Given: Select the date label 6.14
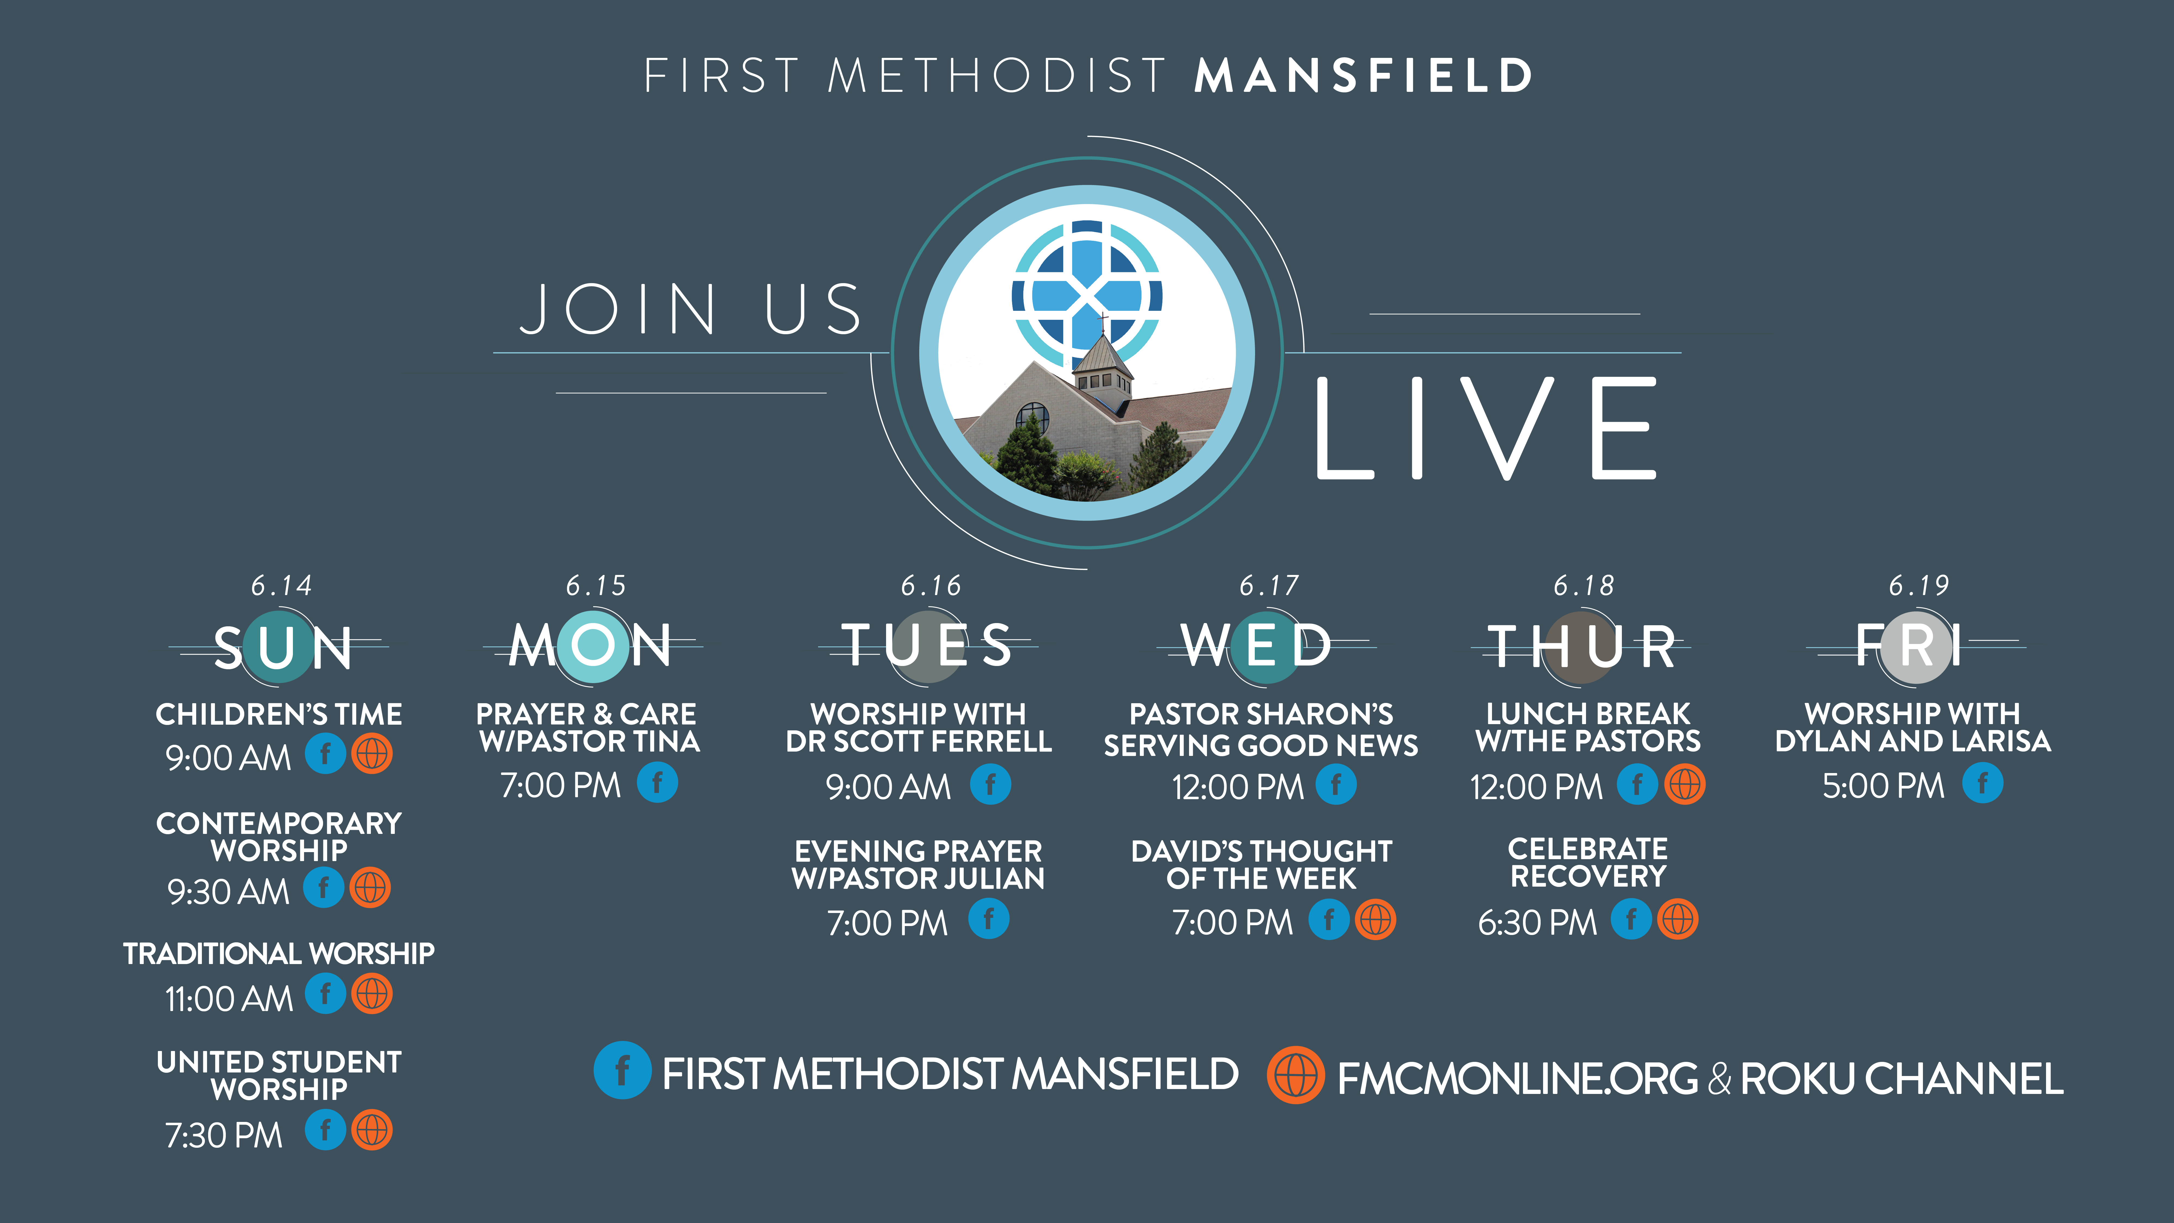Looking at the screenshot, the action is pos(281,585).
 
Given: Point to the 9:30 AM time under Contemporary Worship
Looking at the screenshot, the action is pos(228,891).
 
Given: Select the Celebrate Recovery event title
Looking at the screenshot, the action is pos(1587,862).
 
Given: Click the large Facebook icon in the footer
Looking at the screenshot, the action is pos(622,1070).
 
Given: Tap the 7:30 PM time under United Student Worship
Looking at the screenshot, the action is pos(224,1135).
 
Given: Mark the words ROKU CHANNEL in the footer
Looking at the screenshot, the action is pos(1901,1079).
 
